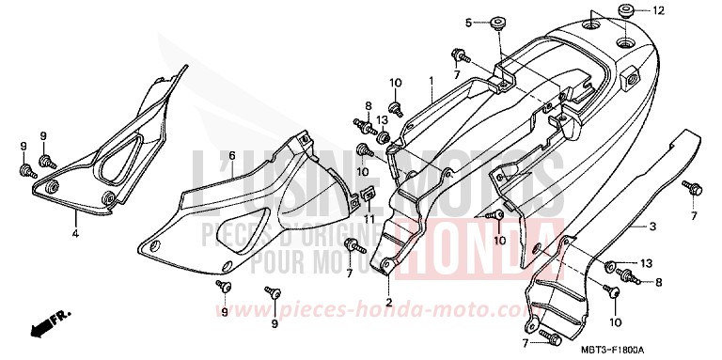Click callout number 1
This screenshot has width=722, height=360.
coord(432,82)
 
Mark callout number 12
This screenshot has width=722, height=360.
coord(659,11)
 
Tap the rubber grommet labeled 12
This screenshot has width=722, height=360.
coord(624,11)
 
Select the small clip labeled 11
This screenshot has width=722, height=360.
coord(369,195)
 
